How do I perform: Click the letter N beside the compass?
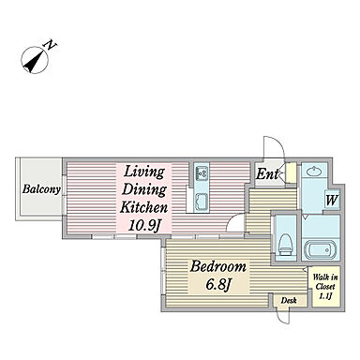tap(52, 45)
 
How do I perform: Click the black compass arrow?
tap(33, 62)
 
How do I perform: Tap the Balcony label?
tap(41, 189)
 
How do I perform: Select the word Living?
tap(144, 172)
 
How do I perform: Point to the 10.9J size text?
tap(144, 224)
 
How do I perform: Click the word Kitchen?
tap(144, 206)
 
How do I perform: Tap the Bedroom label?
tap(218, 267)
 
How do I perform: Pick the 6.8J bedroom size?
tap(218, 284)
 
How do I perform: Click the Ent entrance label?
tap(267, 174)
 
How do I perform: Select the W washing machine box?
tap(332, 200)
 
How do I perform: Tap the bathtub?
tap(321, 249)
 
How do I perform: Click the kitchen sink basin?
tap(202, 201)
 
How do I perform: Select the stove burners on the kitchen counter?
tap(202, 173)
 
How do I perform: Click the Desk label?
tap(289, 301)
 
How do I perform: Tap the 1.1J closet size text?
tap(325, 295)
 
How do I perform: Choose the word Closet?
tap(325, 286)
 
